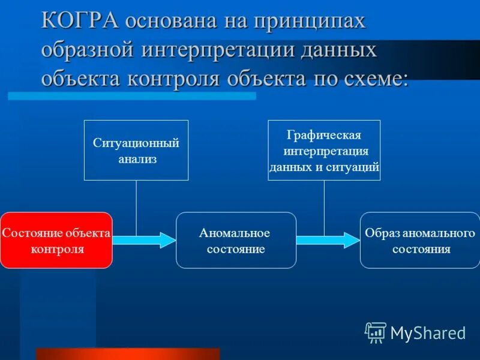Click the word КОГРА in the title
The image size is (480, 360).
79,21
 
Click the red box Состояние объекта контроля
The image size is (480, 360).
56,240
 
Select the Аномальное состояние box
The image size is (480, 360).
235,240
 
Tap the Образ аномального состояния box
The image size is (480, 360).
420,240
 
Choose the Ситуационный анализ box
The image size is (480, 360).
136,150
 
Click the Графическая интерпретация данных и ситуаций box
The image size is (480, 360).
324,150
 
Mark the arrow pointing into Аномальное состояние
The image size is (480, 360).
144,240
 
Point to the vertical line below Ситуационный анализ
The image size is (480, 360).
136,207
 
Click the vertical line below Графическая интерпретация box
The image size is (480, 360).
324,207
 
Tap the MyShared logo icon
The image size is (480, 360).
376,332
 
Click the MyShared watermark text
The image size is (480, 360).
428,332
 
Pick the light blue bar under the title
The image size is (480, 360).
132,95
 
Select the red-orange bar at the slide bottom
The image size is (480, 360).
128,353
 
